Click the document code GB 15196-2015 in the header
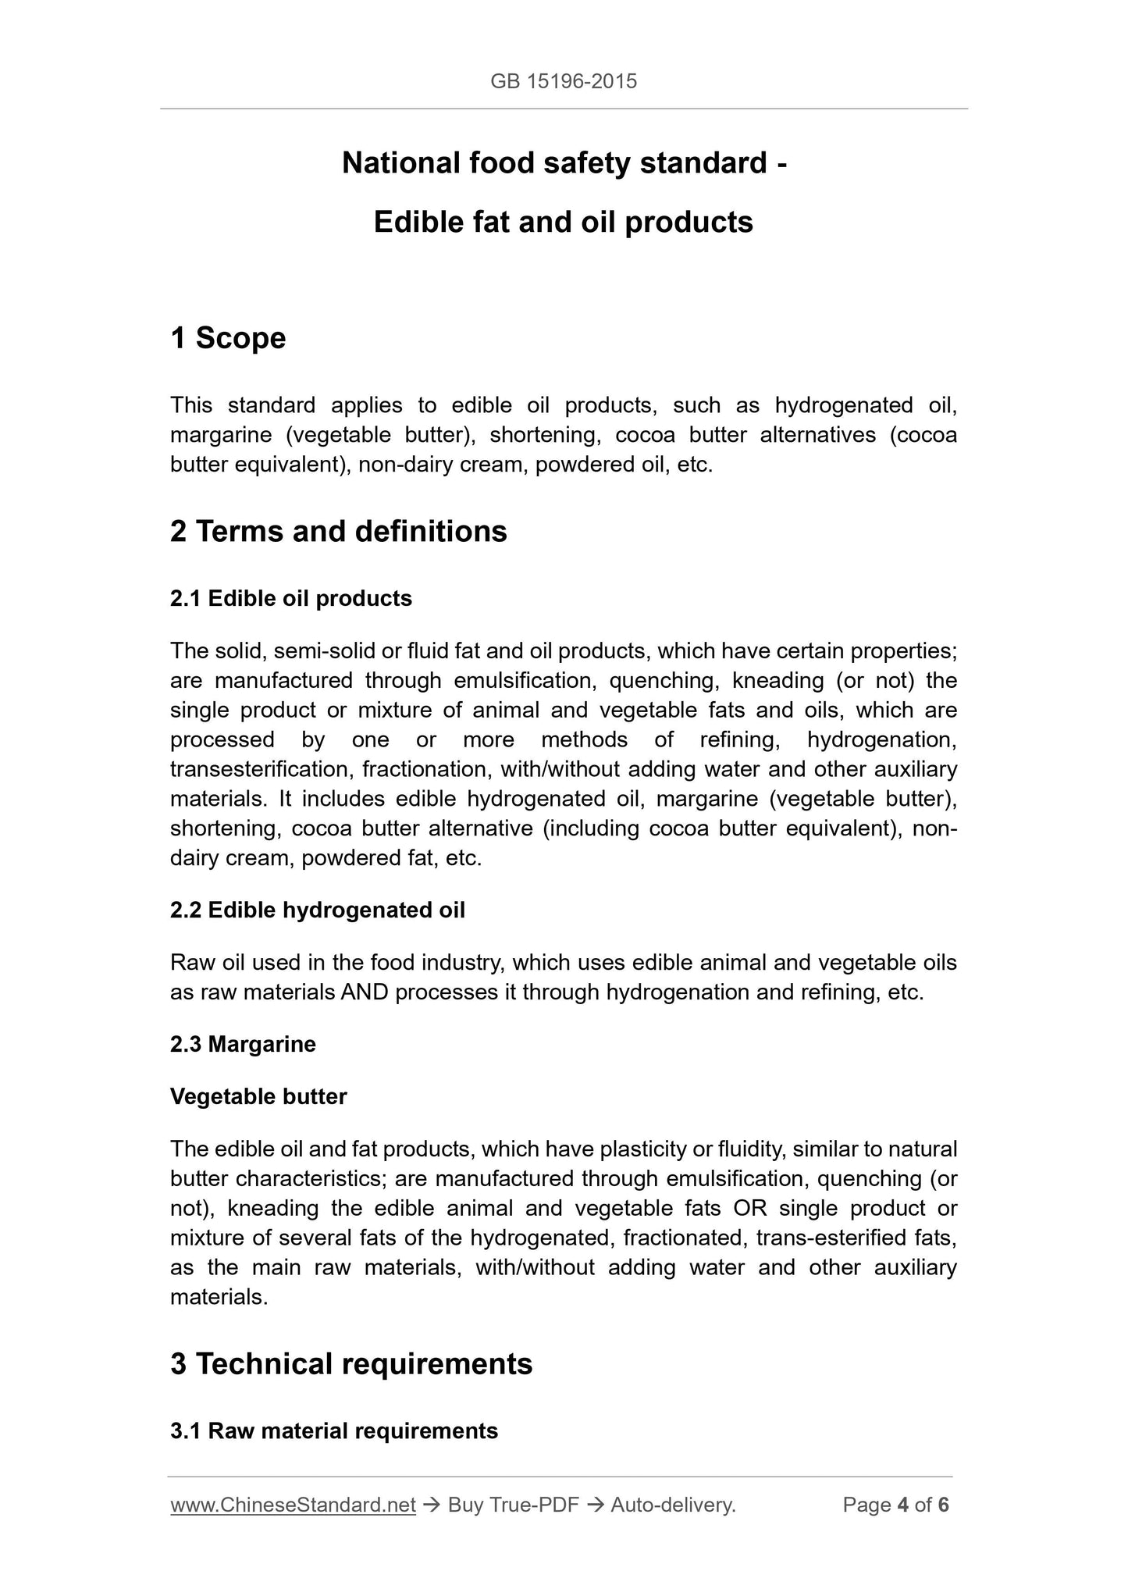tap(564, 80)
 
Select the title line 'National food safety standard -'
tap(564, 162)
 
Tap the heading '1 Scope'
tap(228, 338)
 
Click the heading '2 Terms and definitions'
tap(338, 531)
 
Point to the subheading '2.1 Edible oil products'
tap(290, 598)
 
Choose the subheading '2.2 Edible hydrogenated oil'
tap(317, 910)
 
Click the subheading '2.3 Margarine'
tap(243, 1044)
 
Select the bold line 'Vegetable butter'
tap(258, 1096)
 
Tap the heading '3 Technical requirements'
tap(351, 1363)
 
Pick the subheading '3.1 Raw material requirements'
tap(333, 1430)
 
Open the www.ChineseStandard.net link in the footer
tap(293, 1505)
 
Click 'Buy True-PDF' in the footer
tap(513, 1505)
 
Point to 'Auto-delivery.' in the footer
tap(673, 1505)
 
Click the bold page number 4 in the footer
tap(902, 1505)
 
